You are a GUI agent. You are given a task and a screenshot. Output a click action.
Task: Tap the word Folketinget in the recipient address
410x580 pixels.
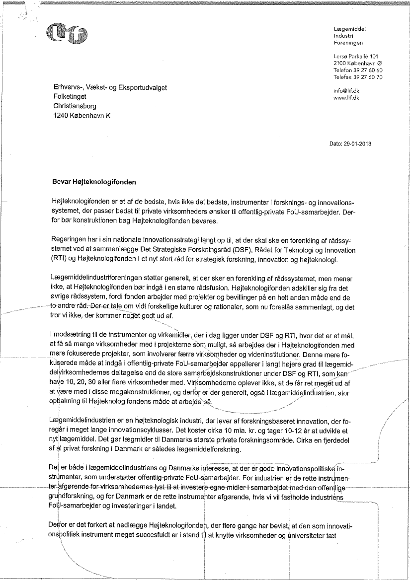pos(70,96)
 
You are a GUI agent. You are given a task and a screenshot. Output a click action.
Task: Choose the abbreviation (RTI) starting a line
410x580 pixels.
pos(60,260)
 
